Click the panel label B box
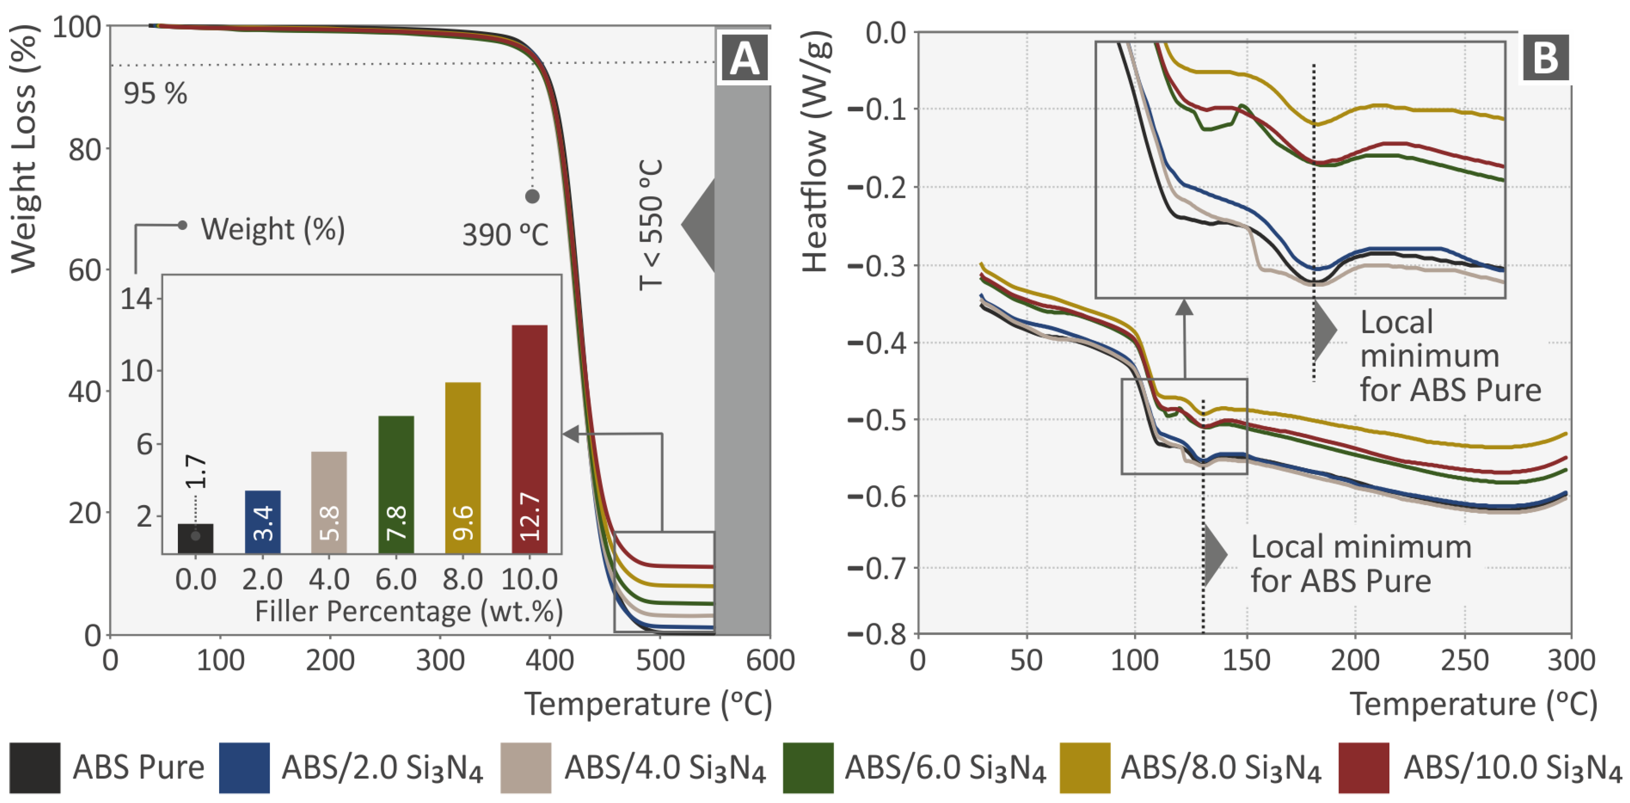[x=1545, y=58]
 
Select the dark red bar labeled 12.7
[x=529, y=439]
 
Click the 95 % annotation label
[x=155, y=94]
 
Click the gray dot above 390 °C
[x=532, y=196]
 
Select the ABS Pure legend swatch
[x=35, y=768]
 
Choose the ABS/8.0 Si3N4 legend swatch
[x=1085, y=768]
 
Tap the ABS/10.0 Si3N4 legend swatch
[x=1364, y=768]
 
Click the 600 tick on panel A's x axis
[x=769, y=660]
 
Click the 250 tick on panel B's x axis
[x=1464, y=660]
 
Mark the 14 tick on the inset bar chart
[x=137, y=298]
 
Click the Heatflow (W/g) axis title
[x=815, y=152]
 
